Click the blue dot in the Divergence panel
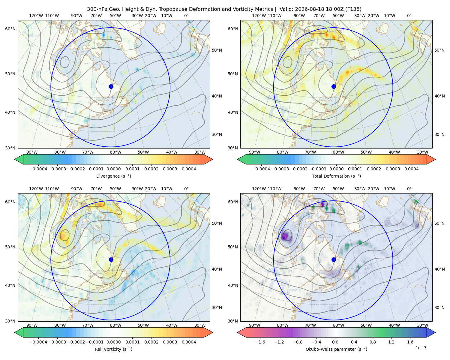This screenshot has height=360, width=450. click(111, 86)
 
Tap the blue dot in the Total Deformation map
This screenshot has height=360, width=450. click(334, 86)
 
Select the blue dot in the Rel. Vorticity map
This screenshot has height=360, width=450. click(111, 259)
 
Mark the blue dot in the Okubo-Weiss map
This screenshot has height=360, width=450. click(334, 259)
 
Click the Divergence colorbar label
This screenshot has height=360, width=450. click(113, 176)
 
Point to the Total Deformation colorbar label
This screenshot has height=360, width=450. click(336, 176)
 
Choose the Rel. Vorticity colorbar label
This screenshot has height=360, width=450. click(113, 349)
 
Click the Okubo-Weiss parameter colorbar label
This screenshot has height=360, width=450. click(336, 349)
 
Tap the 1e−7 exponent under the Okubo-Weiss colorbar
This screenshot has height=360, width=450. click(421, 348)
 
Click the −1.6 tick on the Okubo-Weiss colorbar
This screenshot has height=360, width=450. click(260, 342)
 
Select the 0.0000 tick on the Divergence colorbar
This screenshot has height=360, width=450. click(113, 169)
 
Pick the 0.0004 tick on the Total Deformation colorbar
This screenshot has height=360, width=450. click(411, 169)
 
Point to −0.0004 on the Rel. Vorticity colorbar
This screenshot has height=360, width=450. click(38, 342)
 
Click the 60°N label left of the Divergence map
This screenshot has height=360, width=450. click(10, 29)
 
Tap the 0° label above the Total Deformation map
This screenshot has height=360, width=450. click(409, 16)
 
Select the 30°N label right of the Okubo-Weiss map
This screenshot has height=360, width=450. click(439, 307)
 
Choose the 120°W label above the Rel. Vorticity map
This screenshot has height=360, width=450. click(36, 189)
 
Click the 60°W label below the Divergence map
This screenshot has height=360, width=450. click(115, 152)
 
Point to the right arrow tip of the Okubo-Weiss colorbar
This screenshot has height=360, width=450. click(435, 332)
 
